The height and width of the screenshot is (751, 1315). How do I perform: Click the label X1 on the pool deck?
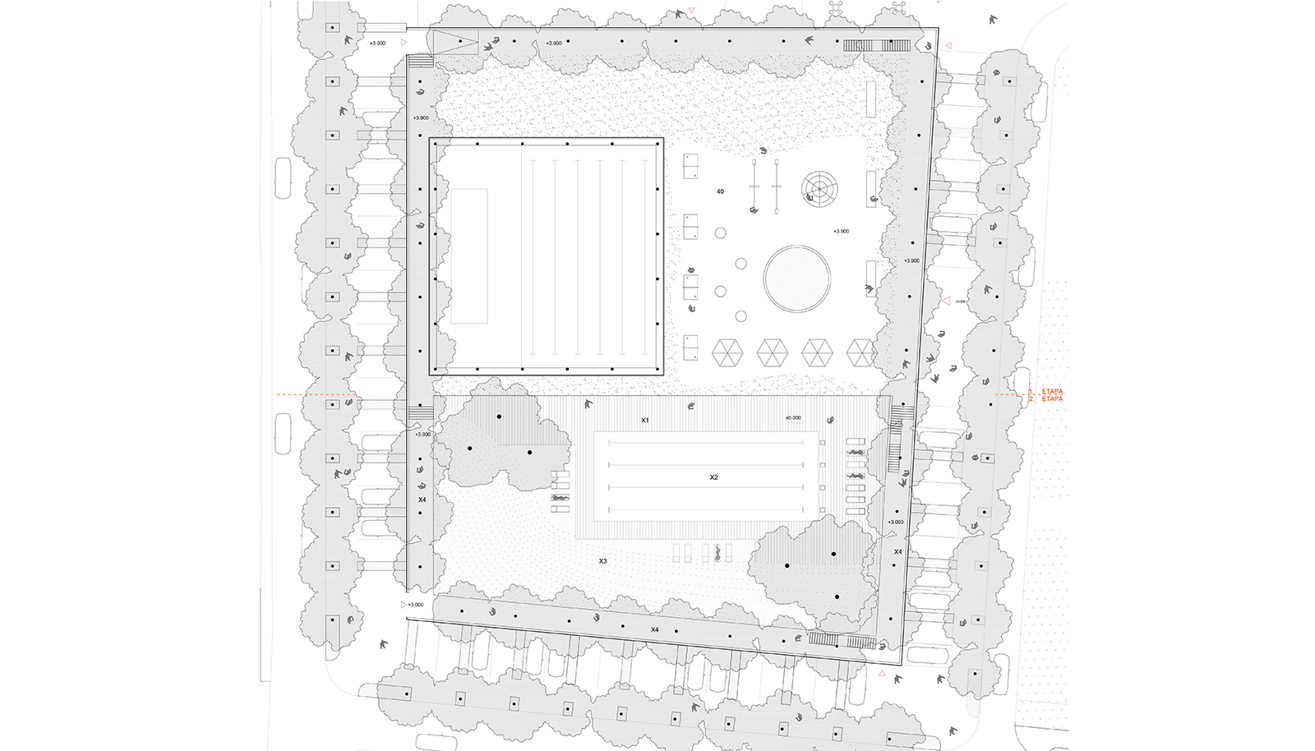(x=645, y=421)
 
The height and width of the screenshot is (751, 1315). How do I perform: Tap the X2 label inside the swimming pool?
(x=713, y=477)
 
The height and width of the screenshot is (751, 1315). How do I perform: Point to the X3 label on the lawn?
(x=602, y=561)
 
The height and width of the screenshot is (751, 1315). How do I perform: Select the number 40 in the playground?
(x=720, y=191)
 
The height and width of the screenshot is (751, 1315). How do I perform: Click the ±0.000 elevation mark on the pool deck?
(x=792, y=418)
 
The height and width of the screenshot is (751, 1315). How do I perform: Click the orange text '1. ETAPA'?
(x=1051, y=392)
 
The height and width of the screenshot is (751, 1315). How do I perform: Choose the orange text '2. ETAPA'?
(x=1051, y=399)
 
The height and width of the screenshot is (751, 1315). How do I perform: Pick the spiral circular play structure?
(x=818, y=188)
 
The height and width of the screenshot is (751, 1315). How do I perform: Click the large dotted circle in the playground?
(x=796, y=279)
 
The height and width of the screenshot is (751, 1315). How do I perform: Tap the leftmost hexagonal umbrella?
(x=727, y=352)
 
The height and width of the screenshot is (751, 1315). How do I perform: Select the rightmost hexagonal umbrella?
(x=861, y=352)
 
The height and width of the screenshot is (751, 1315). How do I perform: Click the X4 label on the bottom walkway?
(x=654, y=630)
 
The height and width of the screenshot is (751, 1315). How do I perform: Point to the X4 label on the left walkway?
(x=422, y=500)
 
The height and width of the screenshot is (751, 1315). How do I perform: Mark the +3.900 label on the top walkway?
(x=554, y=44)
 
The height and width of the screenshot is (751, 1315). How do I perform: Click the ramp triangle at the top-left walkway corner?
(x=454, y=42)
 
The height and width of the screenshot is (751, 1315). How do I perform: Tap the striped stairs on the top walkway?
(x=877, y=46)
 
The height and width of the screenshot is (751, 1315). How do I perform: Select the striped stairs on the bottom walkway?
(x=842, y=641)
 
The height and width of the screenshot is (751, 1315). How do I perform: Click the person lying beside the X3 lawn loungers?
(x=717, y=553)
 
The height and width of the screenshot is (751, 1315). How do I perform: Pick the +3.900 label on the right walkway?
(x=911, y=261)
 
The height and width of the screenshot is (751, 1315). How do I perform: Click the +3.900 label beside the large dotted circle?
(x=841, y=232)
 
